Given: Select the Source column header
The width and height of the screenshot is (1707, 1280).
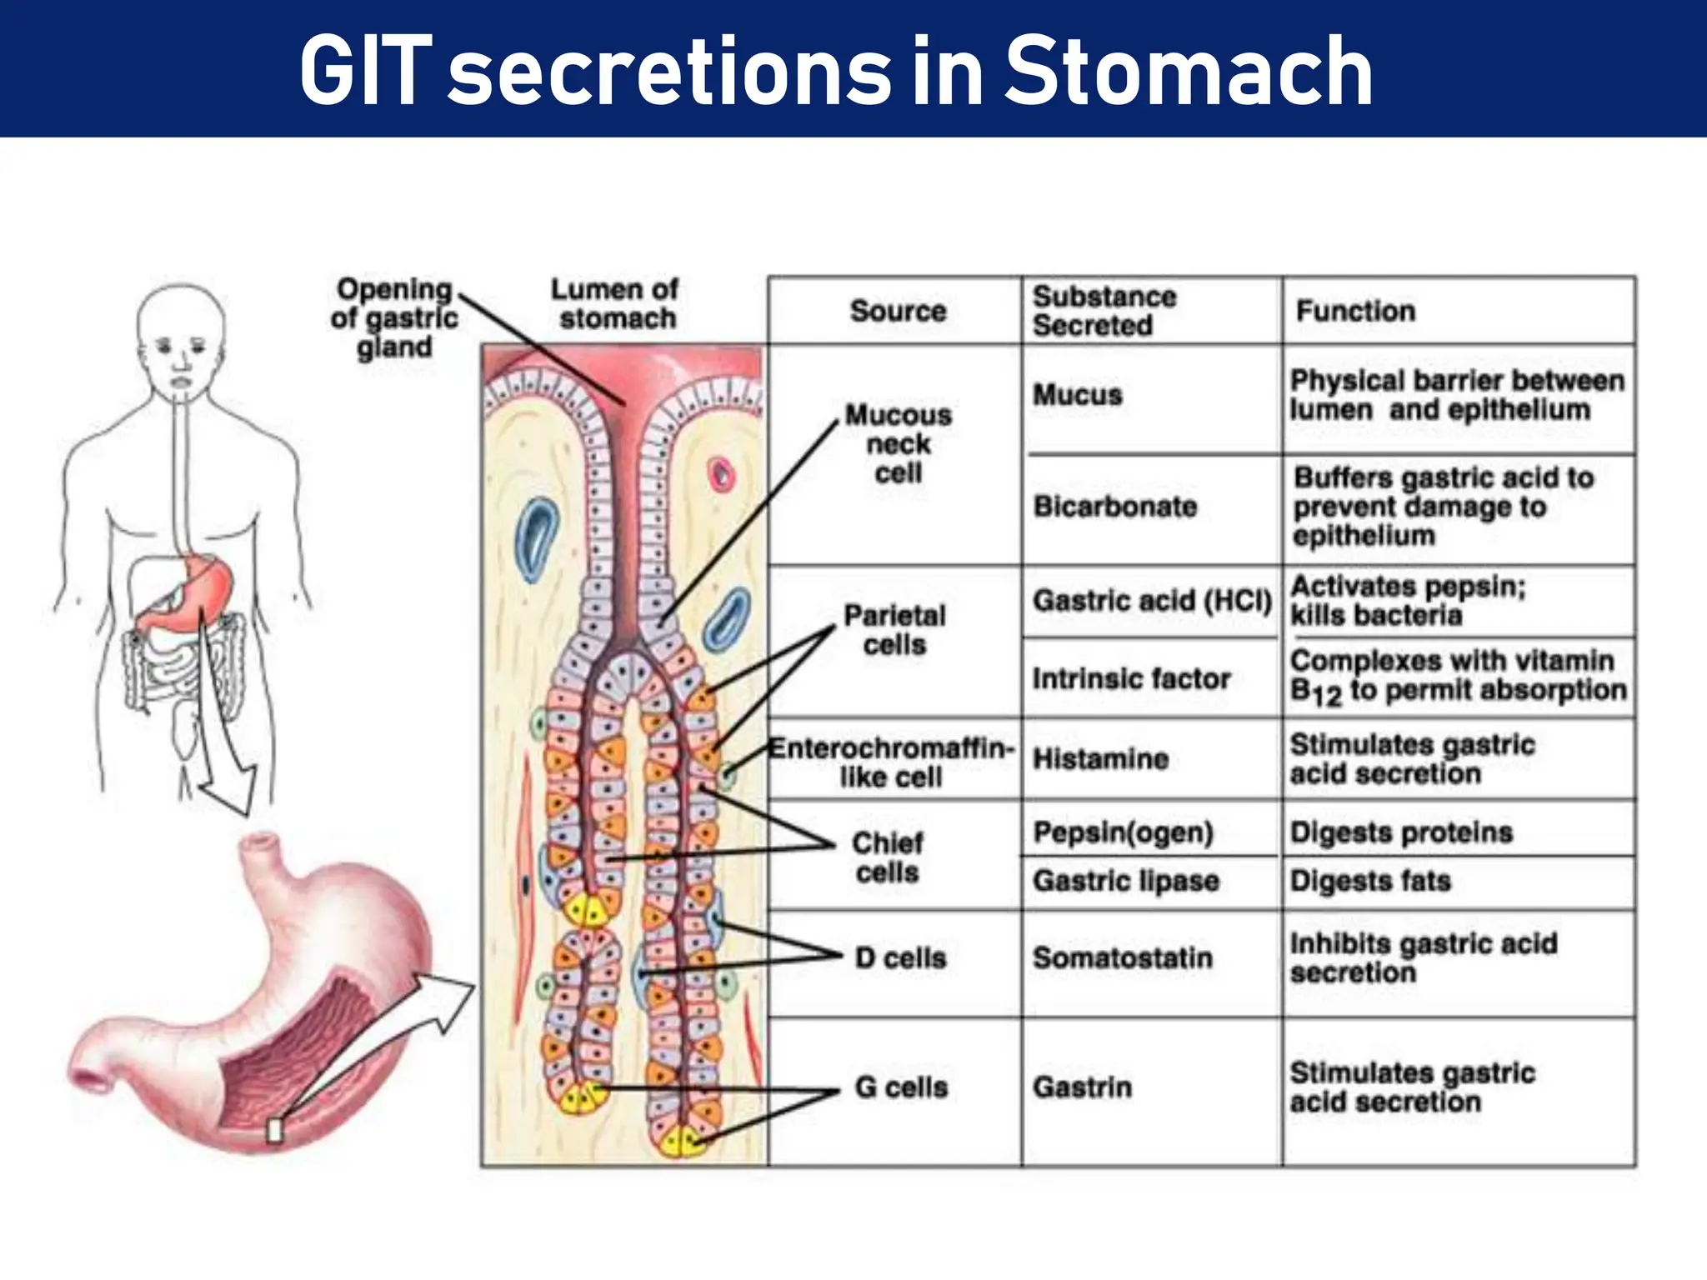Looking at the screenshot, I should [898, 311].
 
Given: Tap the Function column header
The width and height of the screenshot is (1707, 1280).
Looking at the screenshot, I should [1355, 311].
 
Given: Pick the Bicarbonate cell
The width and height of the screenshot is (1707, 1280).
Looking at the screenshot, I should [1115, 506].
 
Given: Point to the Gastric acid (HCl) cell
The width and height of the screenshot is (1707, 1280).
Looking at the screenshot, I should [1152, 600].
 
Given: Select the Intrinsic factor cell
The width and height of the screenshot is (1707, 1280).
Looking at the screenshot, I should [1131, 678].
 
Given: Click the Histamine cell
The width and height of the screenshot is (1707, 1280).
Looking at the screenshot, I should [1100, 758].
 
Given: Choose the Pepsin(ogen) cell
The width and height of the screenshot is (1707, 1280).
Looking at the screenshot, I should [1123, 832].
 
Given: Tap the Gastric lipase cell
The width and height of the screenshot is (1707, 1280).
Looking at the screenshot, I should [1125, 880].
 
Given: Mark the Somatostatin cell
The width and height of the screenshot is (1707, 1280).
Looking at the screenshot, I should [1122, 957].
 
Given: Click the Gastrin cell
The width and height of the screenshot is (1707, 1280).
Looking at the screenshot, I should [1082, 1087].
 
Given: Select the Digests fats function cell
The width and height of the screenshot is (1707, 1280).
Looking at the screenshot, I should [1370, 880].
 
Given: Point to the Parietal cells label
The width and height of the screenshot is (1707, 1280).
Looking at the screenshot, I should [894, 630].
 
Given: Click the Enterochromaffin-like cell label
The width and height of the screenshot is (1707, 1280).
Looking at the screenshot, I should [890, 762].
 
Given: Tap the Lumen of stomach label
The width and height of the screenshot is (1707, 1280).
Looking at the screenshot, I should [615, 303].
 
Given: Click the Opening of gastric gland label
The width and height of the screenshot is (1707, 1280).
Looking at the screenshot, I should [394, 317].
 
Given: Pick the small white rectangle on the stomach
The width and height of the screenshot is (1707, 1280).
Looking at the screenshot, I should [274, 1130].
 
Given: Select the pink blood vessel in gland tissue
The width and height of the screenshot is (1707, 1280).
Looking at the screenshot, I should [721, 476].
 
